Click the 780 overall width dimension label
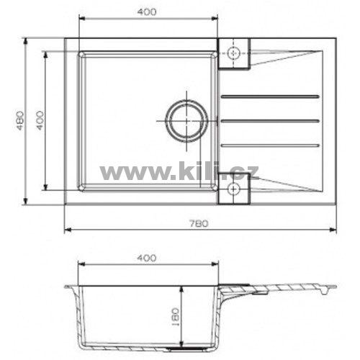click(x=199, y=224)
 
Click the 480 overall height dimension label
click(x=20, y=120)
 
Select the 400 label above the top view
click(x=147, y=12)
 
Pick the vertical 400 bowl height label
click(x=40, y=120)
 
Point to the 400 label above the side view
click(x=147, y=258)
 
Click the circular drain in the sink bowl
click(x=186, y=121)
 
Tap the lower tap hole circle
click(x=233, y=189)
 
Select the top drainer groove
click(x=270, y=96)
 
